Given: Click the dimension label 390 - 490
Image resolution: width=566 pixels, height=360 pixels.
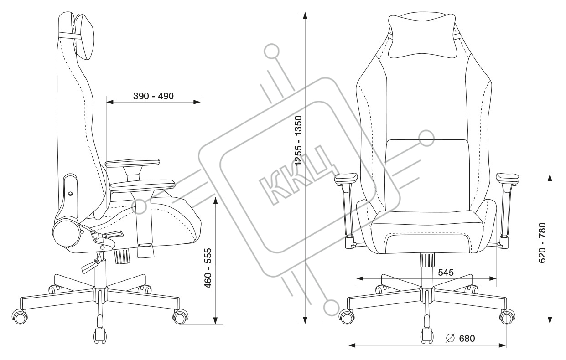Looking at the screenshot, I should (x=153, y=96).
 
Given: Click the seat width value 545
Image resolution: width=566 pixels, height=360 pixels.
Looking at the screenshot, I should (x=445, y=273).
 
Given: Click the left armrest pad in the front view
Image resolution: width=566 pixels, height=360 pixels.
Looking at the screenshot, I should (x=347, y=178).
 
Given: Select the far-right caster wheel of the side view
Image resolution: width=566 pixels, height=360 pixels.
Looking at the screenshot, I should (x=180, y=316).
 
